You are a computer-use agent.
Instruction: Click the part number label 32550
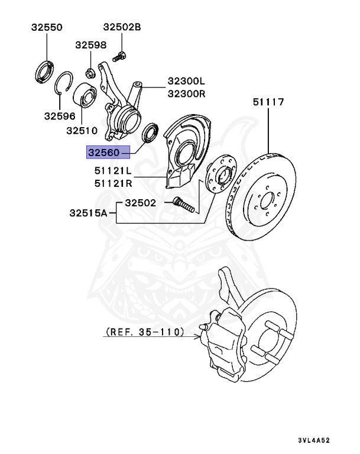[x=46, y=27]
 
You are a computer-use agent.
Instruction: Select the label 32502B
[x=122, y=27]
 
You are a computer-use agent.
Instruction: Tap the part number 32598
[x=90, y=45]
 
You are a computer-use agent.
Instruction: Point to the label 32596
[x=59, y=116]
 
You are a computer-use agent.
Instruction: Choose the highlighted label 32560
[x=105, y=153]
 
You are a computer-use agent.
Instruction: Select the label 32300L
[x=186, y=82]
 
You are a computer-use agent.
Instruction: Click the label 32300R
[x=186, y=93]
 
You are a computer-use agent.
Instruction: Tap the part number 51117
[x=269, y=102]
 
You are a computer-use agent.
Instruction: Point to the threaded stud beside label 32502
[x=183, y=207]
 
